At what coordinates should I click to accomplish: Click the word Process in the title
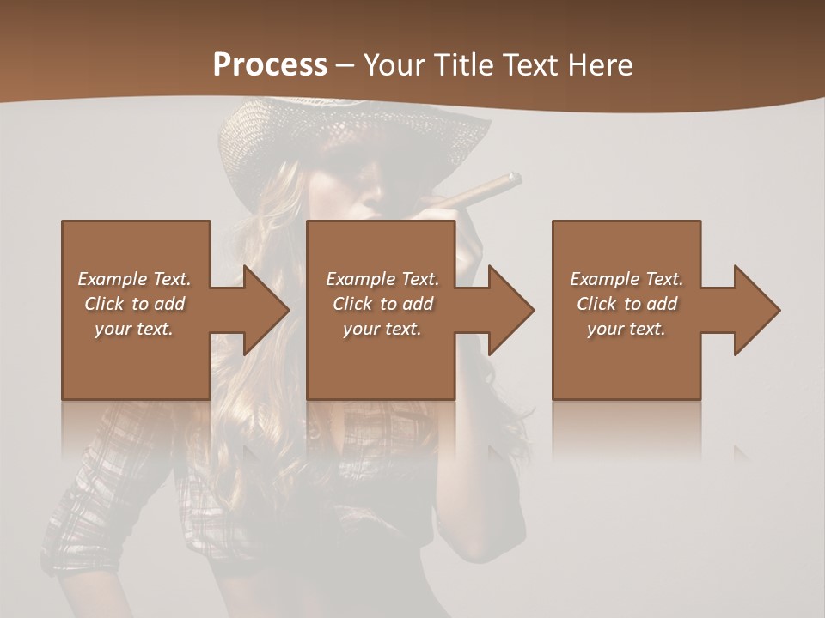[x=270, y=65]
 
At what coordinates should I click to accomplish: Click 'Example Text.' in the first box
[x=134, y=279]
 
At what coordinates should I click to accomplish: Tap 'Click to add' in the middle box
[x=382, y=304]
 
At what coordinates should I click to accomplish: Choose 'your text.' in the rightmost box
[x=626, y=329]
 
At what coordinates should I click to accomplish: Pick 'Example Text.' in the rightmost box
[x=626, y=279]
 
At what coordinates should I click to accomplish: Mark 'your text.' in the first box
[x=134, y=329]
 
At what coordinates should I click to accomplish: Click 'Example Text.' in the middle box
[x=382, y=279]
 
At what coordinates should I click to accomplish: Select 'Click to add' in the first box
[x=134, y=304]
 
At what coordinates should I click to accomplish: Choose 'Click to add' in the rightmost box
[x=626, y=304]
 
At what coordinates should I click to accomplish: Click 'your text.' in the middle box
[x=382, y=329]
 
